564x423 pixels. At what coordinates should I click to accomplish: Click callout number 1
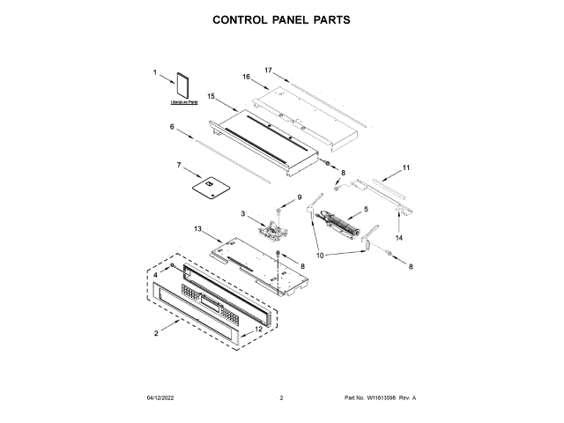click(x=155, y=73)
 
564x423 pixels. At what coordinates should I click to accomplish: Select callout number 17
click(x=270, y=69)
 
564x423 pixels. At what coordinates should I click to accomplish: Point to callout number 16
click(x=248, y=78)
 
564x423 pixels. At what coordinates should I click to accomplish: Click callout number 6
click(x=173, y=127)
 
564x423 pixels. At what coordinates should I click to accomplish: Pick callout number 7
click(x=178, y=165)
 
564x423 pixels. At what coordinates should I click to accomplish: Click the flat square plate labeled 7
click(x=209, y=186)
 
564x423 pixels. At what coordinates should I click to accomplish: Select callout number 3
click(x=242, y=214)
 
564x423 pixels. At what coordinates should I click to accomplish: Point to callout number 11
click(x=406, y=167)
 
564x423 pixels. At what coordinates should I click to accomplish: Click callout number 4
click(x=156, y=276)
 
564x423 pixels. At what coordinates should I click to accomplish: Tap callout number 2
click(x=156, y=333)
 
